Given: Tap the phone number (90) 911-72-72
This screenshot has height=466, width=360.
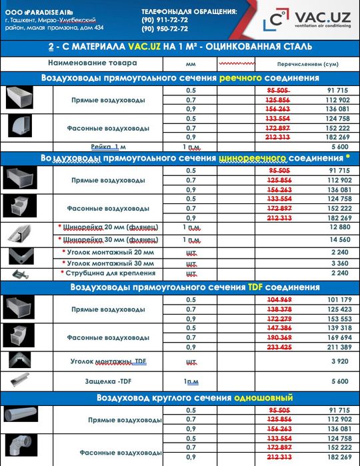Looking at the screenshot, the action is pos(165,20).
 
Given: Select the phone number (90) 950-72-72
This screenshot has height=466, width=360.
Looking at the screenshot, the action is pos(165,29).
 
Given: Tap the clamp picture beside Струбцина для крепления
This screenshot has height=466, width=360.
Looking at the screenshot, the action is pos(20,273).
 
